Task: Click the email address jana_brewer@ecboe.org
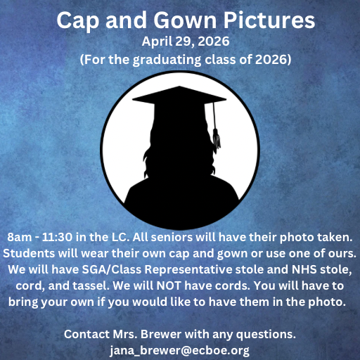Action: click(x=179, y=349)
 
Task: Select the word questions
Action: click(x=266, y=333)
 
